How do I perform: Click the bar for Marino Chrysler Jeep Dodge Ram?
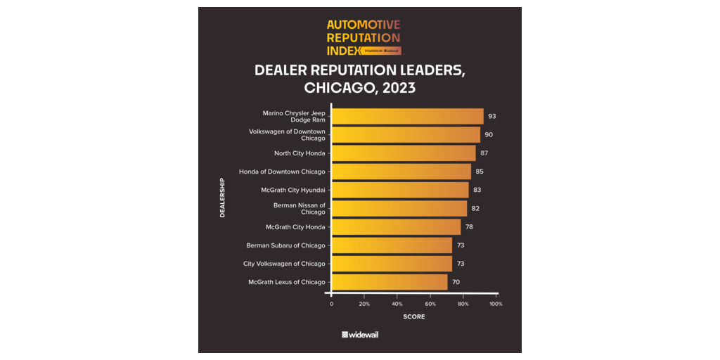(408, 116)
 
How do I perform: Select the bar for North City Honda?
(404, 153)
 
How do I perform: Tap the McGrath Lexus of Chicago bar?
(390, 282)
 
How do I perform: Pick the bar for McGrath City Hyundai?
(400, 190)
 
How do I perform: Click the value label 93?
(492, 116)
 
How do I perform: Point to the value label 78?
(469, 227)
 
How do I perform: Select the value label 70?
(456, 282)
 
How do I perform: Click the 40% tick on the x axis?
(397, 304)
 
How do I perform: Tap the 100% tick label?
(496, 304)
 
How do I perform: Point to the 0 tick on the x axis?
(332, 304)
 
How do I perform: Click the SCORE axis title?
(413, 316)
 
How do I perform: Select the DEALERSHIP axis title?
(222, 198)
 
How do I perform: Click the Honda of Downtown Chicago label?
(282, 172)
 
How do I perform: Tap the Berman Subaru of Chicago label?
(285, 245)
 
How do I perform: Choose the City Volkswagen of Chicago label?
(284, 264)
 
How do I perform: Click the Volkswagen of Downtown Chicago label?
(287, 134)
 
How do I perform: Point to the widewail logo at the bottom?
(360, 335)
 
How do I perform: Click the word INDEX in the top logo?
(343, 51)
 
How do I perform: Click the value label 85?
(480, 172)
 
